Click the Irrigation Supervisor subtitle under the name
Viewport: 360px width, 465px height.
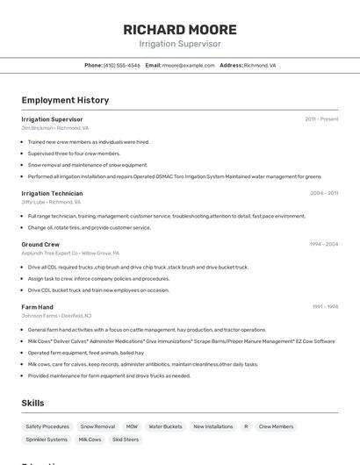coord(180,44)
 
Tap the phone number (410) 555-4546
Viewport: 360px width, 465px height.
coord(122,65)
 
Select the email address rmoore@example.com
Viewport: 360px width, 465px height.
coord(189,65)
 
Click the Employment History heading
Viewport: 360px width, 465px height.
coord(65,100)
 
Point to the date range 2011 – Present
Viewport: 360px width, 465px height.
coord(321,119)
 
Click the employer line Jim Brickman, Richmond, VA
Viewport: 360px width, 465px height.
coord(54,128)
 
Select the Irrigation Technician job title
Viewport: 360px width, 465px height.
coord(52,193)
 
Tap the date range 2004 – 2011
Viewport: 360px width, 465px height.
coord(324,193)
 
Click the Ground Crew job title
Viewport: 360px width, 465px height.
coord(40,244)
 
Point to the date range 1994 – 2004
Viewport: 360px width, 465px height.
coord(324,244)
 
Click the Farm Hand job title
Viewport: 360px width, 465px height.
coord(37,307)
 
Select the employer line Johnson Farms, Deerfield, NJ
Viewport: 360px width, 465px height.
coord(56,316)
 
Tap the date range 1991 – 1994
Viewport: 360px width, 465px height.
coord(324,307)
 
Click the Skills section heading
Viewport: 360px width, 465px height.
coord(32,403)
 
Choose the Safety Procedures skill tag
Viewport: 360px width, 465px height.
coord(47,426)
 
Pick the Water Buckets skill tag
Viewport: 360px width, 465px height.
coord(165,426)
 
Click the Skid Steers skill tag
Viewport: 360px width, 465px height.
coord(126,440)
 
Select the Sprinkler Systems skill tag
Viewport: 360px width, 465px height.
coord(47,440)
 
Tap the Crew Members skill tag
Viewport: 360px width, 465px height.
coord(277,426)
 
